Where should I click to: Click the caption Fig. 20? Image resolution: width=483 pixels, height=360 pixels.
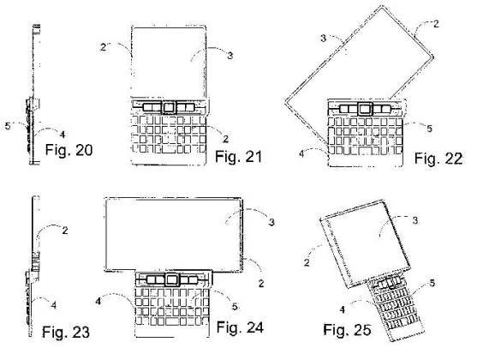click(69, 150)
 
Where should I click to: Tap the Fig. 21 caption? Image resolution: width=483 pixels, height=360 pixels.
click(238, 157)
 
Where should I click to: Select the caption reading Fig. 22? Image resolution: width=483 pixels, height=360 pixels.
click(438, 159)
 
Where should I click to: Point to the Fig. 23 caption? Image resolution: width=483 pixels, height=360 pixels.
click(66, 332)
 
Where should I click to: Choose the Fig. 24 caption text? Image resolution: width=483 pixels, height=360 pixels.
click(241, 327)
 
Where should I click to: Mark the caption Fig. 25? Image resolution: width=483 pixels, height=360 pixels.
click(347, 329)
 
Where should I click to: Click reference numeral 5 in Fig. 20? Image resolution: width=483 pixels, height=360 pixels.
click(8, 126)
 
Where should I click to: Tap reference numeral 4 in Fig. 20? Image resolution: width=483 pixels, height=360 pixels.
click(63, 135)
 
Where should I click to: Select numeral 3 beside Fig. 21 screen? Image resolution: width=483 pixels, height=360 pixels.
click(230, 56)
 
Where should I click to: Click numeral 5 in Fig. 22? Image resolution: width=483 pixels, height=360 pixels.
click(430, 129)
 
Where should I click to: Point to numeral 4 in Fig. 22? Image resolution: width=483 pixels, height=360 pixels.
click(301, 153)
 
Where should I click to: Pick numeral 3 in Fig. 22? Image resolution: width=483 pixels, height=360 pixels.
click(323, 39)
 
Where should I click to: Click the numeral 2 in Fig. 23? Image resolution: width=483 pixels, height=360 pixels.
click(65, 231)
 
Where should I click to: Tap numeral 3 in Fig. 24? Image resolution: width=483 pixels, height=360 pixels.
click(271, 222)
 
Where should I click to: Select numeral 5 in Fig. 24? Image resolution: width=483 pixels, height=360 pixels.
click(235, 307)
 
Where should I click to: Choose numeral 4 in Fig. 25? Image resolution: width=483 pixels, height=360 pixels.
click(342, 309)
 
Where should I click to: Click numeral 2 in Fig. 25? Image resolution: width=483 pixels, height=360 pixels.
click(307, 262)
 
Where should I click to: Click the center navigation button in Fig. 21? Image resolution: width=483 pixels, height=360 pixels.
click(169, 107)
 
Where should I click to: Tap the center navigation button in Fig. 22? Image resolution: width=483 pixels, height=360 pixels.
click(365, 109)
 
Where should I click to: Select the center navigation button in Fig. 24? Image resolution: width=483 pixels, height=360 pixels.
click(172, 280)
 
